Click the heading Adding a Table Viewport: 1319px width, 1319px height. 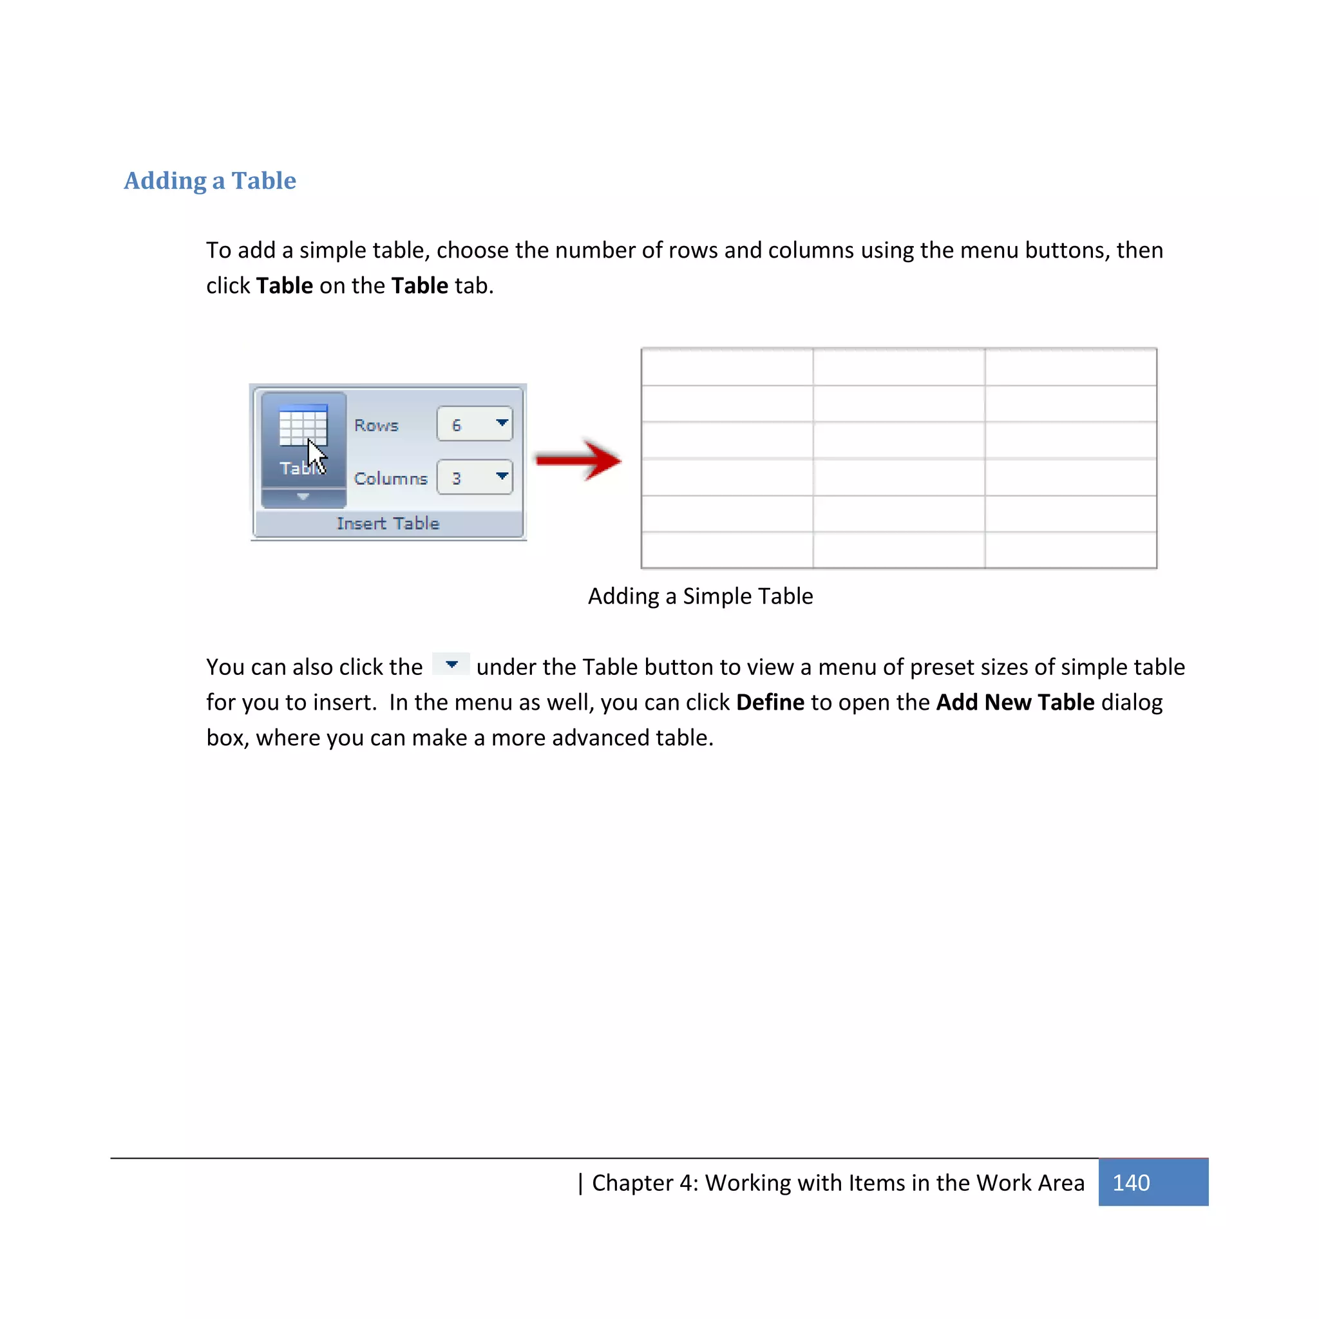[209, 180]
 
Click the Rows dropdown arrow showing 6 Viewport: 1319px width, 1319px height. [502, 422]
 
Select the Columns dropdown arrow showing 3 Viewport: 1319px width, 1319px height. [502, 476]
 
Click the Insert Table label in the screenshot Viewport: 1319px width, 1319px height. [388, 523]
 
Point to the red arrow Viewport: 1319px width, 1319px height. [579, 460]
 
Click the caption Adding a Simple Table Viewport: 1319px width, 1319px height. [700, 596]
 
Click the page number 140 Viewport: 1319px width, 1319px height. [1130, 1182]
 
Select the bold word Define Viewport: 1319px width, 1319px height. [770, 702]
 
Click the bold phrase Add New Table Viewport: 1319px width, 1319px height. [1014, 702]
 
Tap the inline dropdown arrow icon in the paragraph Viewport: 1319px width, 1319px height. [451, 664]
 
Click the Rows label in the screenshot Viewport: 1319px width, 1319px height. [376, 424]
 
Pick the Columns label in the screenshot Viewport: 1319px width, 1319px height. [390, 478]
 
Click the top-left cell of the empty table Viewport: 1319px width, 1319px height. [727, 367]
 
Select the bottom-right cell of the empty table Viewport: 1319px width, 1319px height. [1070, 549]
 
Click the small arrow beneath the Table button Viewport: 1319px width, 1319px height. [303, 497]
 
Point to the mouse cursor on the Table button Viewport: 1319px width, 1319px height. [316, 455]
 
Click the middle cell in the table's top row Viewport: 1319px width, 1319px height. [898, 367]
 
